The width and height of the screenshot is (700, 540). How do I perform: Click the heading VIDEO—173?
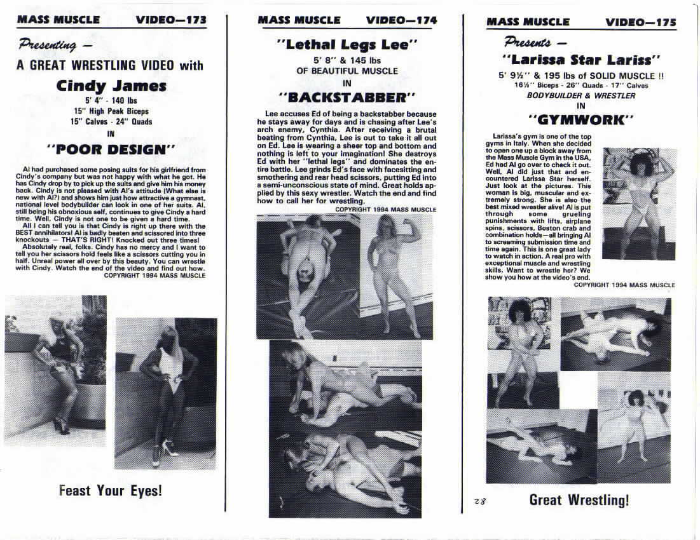tap(171, 20)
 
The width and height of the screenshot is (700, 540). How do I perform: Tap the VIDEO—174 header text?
tap(401, 20)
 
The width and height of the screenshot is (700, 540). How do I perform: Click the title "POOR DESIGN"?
tap(111, 149)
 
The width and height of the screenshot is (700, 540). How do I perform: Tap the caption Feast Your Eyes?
tap(111, 490)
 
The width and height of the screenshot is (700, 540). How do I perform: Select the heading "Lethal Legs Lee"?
tap(347, 44)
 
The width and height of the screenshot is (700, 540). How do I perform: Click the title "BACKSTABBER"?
tap(347, 97)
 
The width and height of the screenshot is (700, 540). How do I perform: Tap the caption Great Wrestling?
tap(579, 500)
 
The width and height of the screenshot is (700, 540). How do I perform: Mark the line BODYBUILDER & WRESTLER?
tap(580, 95)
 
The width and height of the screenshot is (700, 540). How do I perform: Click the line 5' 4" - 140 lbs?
tap(111, 100)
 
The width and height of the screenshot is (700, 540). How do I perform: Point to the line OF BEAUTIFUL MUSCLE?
tap(347, 71)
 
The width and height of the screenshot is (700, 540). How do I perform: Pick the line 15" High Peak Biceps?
tap(111, 111)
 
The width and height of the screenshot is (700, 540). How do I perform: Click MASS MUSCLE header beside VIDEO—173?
tap(58, 20)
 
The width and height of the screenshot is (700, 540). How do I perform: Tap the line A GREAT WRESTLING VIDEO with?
tap(110, 65)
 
